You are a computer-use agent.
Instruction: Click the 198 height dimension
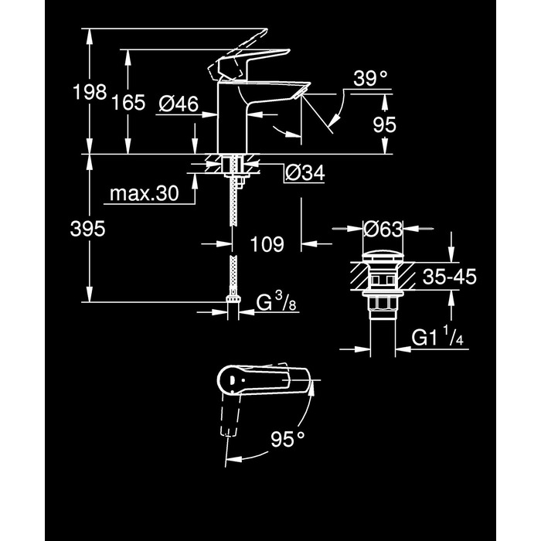[x=90, y=92]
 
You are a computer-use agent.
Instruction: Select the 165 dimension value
[x=129, y=103]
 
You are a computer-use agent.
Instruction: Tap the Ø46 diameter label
[x=179, y=104]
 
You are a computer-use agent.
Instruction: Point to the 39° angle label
[x=370, y=79]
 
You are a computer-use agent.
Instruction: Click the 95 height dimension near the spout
[x=385, y=124]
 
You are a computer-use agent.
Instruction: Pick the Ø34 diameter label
[x=305, y=173]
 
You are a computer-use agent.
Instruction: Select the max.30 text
[x=145, y=193]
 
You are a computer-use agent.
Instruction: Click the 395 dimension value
[x=87, y=229]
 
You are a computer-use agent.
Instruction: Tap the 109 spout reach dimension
[x=267, y=244]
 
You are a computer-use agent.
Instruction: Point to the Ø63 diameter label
[x=383, y=229]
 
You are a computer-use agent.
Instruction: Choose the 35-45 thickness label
[x=449, y=277]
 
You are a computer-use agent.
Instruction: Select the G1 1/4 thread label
[x=437, y=336]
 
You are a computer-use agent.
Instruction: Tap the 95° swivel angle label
[x=288, y=439]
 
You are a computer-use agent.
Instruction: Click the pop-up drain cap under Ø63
[x=383, y=257]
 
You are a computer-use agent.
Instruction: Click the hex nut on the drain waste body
[x=383, y=304]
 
